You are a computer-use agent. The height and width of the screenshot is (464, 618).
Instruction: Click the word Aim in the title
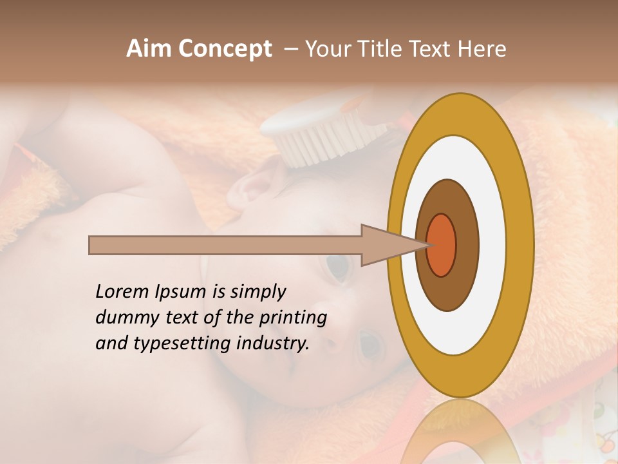coord(149,49)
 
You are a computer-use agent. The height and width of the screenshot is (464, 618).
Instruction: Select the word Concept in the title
coord(224,49)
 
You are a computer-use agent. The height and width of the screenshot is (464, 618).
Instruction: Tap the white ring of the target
coord(492,245)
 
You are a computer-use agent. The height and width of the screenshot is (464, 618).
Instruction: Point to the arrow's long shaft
coord(225,245)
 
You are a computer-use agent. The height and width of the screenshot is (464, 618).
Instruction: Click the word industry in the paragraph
coord(273,343)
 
